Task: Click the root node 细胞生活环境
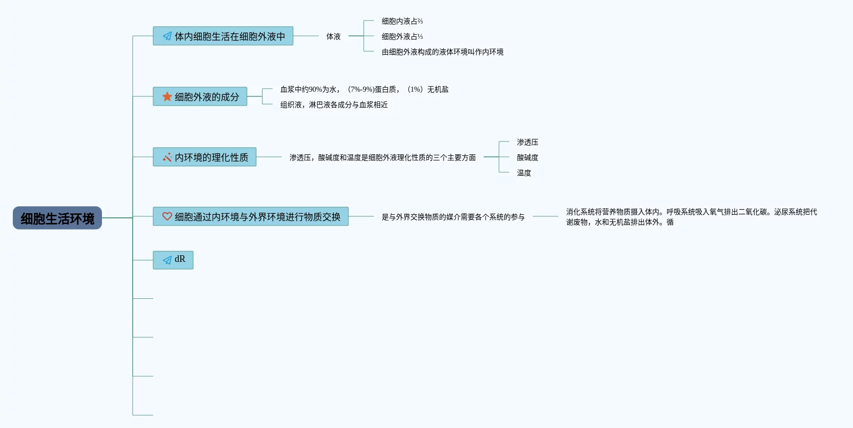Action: tap(57, 218)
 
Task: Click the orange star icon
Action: tap(167, 96)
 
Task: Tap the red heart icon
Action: tap(167, 216)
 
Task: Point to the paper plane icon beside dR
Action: tap(167, 260)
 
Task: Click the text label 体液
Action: tap(334, 36)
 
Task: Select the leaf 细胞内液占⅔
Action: tap(402, 21)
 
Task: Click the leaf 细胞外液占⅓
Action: tap(402, 36)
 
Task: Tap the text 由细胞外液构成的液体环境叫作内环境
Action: tap(442, 52)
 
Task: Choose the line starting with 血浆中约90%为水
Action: tap(364, 89)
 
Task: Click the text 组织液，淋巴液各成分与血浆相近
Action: tap(334, 105)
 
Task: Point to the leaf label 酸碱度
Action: tap(527, 157)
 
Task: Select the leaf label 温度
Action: tap(524, 173)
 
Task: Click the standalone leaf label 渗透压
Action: tap(527, 142)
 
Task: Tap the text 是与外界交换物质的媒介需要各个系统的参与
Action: tap(453, 217)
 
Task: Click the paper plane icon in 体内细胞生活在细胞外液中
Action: tap(167, 36)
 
